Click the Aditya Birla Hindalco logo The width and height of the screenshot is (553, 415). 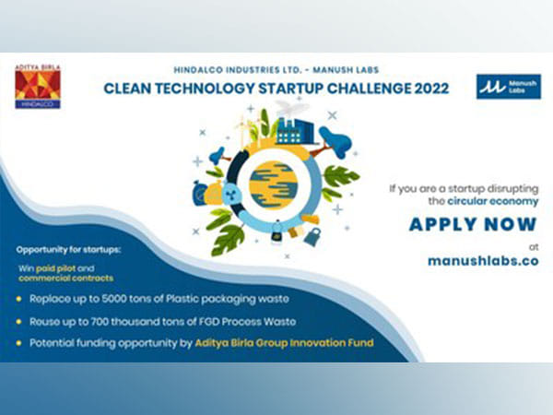38,87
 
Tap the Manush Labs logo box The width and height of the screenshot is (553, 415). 508,87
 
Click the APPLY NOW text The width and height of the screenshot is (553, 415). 473,224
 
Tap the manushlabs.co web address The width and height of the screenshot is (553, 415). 482,260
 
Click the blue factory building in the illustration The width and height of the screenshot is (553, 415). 295,129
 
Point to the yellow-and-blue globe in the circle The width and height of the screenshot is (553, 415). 275,182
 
